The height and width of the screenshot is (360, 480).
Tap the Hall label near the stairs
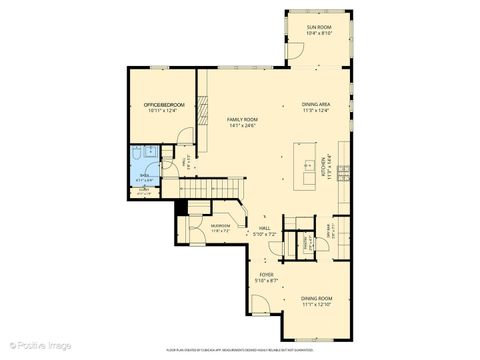(265, 228)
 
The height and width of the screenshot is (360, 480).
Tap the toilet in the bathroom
(149, 153)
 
